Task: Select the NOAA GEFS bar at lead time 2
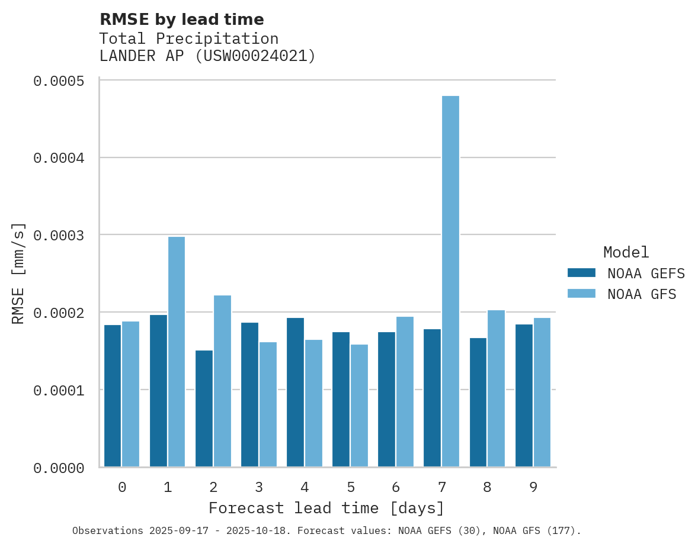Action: (204, 408)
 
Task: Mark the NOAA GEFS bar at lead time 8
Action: (478, 402)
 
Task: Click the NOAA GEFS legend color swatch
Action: (581, 273)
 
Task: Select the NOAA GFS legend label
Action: (642, 294)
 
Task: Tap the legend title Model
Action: (626, 252)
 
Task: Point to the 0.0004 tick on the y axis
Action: (57, 158)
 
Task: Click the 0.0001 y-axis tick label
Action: (57, 391)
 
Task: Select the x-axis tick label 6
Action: (396, 487)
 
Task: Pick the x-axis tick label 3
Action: (259, 487)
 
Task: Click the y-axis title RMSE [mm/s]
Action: (18, 273)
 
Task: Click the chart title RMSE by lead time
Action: (181, 20)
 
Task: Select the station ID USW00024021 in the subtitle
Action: (254, 56)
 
